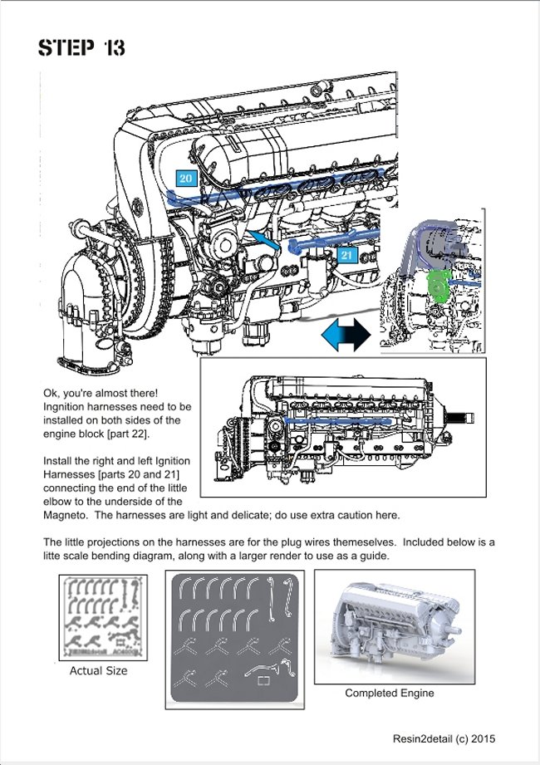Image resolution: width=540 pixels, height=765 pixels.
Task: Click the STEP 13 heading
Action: point(81,48)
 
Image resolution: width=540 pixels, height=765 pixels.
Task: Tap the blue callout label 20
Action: point(185,178)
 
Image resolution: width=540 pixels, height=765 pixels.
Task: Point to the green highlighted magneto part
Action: point(438,287)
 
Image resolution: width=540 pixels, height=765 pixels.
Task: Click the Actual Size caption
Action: point(98,670)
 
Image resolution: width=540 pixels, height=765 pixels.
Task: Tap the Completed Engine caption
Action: point(389,693)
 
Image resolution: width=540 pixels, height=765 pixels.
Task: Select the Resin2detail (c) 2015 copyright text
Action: point(444,738)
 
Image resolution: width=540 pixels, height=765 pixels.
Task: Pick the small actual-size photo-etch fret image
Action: point(98,615)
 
